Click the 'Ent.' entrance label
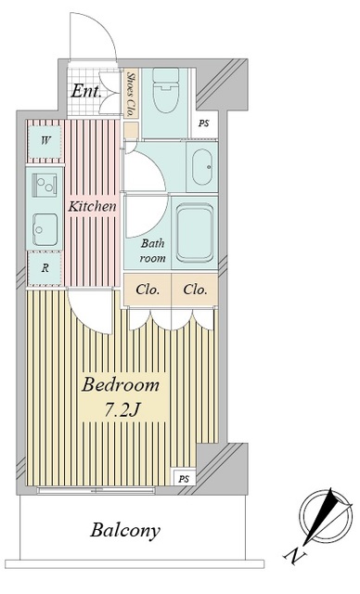pos(86,91)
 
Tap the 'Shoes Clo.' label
pos(132,94)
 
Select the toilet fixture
pos(165,90)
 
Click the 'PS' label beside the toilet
pos(204,123)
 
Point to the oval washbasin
pos(201,167)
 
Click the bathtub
pos(195,233)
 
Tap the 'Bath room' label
pos(152,251)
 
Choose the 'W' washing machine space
pos(45,142)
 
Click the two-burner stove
pos(45,185)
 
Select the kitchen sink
pos(45,229)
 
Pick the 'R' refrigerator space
pos(45,268)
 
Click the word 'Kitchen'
pos(92,207)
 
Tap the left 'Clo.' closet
pos(148,290)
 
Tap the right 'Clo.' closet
pos(195,290)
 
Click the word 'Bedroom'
pos(121,384)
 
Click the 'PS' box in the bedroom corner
pos(184,479)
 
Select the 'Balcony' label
pos(125,530)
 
